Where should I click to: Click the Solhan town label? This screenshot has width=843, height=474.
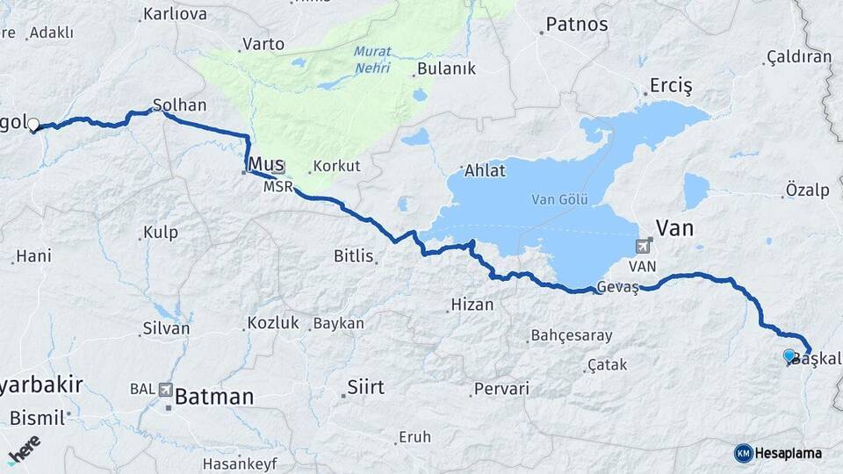click(x=179, y=105)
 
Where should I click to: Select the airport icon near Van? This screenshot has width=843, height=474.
click(x=646, y=246)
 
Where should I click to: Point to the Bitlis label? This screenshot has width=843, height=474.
click(x=354, y=256)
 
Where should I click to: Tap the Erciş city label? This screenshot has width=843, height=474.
click(x=671, y=86)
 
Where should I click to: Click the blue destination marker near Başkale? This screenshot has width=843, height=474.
click(x=789, y=355)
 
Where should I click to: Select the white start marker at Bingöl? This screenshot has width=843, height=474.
click(x=33, y=126)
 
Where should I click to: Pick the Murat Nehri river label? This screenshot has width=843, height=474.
click(x=372, y=58)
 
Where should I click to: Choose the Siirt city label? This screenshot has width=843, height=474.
click(x=366, y=386)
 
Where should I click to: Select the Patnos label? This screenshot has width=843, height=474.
click(x=576, y=25)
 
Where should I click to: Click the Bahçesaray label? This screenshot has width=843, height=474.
click(x=571, y=335)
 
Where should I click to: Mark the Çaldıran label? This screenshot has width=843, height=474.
click(x=798, y=56)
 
